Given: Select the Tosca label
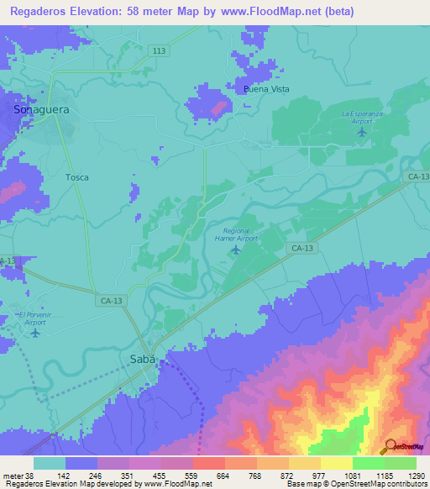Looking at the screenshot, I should coord(77,178).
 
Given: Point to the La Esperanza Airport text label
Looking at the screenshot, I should coord(363,117).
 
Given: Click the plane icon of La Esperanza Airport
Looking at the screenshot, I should coord(363,131).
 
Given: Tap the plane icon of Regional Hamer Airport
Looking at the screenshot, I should coord(235,250).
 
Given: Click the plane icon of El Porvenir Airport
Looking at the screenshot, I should coord(34,333).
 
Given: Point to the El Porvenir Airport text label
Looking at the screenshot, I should coord(34,318).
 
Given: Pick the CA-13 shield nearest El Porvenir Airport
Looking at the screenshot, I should coord(107,300).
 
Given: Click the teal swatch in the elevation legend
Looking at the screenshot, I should coord(50,463).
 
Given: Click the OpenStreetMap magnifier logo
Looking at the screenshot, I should coord(390,447).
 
